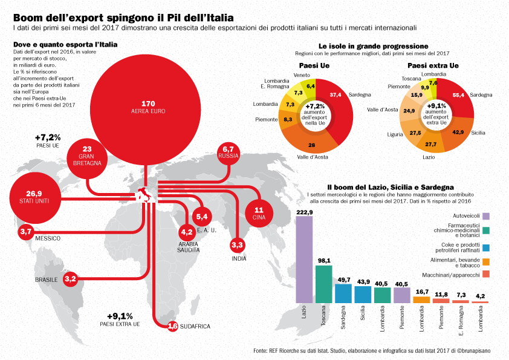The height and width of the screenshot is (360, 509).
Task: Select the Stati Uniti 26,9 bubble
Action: [x=34, y=197]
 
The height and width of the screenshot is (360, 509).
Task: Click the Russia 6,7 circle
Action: [x=228, y=152]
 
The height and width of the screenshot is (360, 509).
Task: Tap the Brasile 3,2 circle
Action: [x=70, y=279]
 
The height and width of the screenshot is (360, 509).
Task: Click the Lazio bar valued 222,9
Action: [x=304, y=260]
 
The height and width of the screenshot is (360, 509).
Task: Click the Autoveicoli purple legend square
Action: [x=486, y=216]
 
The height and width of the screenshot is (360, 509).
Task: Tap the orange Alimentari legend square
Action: [x=486, y=262]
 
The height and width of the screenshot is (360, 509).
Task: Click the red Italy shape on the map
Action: [x=144, y=195]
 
